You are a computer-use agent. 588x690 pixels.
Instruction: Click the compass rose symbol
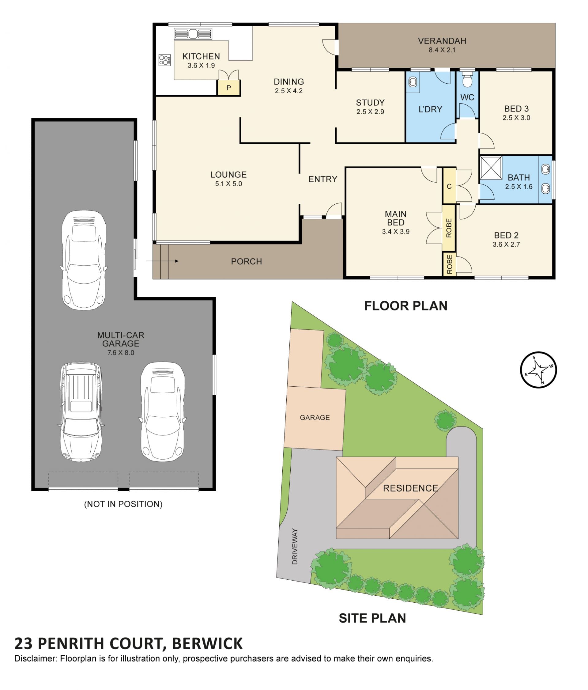(x=538, y=370)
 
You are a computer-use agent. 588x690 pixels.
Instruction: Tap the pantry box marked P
(x=228, y=88)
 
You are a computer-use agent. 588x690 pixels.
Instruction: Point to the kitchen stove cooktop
(x=165, y=60)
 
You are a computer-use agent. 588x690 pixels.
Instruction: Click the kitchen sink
(x=193, y=34)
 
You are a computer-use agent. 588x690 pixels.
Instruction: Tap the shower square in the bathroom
(x=491, y=168)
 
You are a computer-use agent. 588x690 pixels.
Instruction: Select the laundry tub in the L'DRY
(x=413, y=82)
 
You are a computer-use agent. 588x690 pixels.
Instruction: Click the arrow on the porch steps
(x=162, y=261)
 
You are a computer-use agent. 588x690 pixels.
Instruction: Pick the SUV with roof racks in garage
(x=81, y=411)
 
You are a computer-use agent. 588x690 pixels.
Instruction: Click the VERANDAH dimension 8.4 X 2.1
(x=442, y=50)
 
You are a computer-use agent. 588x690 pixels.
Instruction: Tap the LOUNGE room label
(x=228, y=175)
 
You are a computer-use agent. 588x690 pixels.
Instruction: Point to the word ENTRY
(x=322, y=179)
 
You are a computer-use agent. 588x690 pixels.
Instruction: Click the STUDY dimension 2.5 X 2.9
(x=370, y=112)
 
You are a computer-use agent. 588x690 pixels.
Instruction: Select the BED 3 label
(x=516, y=108)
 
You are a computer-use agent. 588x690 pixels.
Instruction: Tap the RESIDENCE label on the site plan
(x=410, y=488)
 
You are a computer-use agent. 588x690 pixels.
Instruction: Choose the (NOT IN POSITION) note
(x=123, y=504)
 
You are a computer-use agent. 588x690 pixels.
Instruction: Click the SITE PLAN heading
(x=372, y=618)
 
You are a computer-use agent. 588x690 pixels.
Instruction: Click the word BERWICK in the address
(x=207, y=644)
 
